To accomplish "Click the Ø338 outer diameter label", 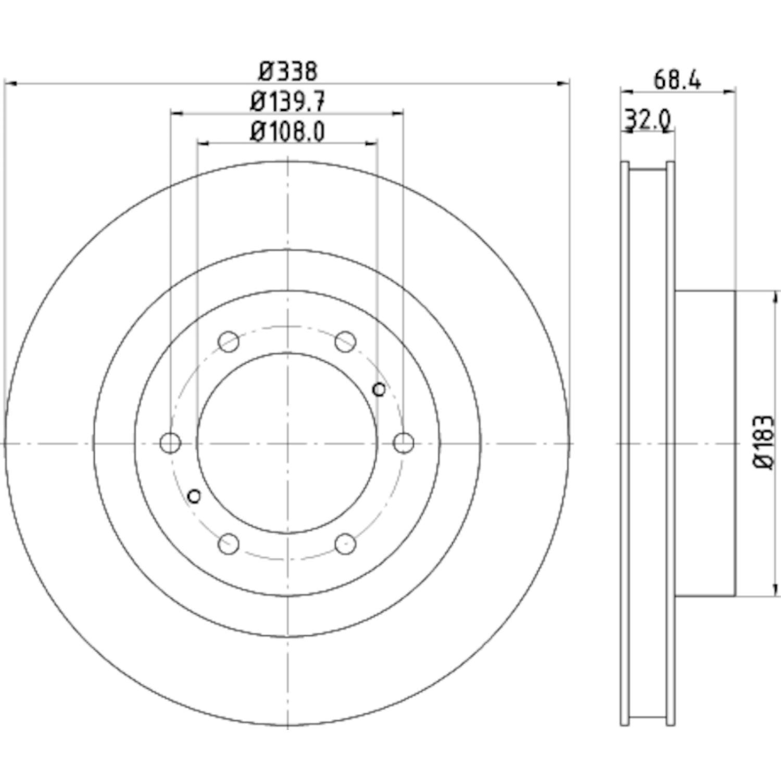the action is pos(288,71).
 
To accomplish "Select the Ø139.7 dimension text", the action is pos(288,102).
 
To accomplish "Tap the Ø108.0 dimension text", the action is pos(288,131).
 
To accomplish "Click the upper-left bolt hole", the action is pos(229,342).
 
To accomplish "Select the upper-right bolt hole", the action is pos(345,342).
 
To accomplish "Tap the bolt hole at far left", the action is pos(170,443).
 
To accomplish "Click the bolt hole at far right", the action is pos(404,443).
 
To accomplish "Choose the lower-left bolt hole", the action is pos(229,544).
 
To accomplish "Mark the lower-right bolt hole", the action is pos(345,544).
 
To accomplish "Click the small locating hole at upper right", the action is pos(379,389).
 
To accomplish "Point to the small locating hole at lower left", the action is pos(194,496).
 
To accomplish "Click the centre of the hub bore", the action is pos(287,443).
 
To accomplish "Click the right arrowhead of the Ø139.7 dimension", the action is pos(398,112).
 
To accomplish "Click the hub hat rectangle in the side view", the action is pos(705,443).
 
